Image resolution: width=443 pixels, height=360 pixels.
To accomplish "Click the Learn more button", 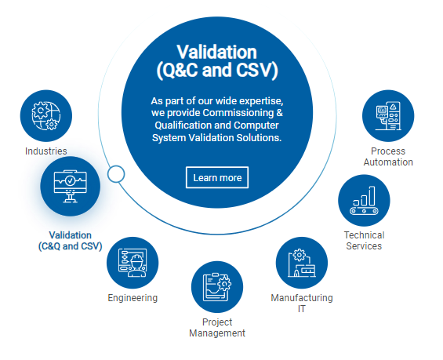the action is pos(217,177).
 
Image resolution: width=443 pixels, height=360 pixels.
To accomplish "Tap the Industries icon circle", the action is pos(46,116).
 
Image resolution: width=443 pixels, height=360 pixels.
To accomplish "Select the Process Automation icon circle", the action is pos(388,116).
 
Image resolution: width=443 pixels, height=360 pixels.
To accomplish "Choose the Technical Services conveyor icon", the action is pos(364,200).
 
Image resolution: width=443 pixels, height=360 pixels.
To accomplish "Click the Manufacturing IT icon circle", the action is pos(302,263).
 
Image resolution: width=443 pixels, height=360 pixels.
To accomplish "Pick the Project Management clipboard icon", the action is pos(217,287).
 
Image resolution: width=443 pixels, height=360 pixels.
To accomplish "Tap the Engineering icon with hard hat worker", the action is pos(133,263).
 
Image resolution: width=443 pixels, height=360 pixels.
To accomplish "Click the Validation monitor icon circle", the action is pos(71,187).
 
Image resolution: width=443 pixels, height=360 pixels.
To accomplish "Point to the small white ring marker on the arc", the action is pos(116,174).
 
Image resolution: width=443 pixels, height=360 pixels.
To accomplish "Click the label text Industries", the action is pos(46,151).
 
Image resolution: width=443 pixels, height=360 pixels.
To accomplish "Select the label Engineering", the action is pos(133,298).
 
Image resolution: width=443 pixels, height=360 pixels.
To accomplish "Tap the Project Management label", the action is pos(217,328).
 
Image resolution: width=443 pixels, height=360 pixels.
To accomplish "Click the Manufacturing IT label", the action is pos(302,304).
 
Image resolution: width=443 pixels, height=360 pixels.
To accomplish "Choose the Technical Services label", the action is pos(364,241).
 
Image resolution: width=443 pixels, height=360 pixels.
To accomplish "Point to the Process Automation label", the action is pos(388,157).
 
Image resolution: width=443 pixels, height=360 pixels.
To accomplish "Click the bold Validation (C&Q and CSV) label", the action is pos(71,241).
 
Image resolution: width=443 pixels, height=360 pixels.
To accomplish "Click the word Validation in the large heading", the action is pos(216,53).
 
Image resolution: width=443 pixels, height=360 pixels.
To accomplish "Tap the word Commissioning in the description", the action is pos(238,113).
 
